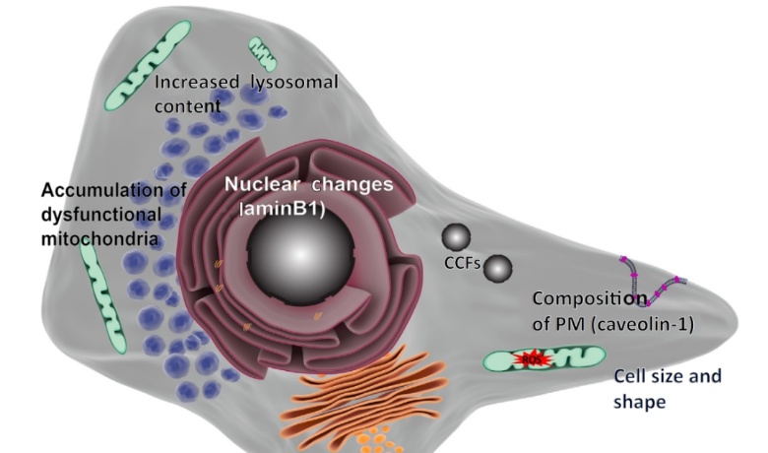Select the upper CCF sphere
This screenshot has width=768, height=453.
456,236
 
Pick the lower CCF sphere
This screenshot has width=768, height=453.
498,266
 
